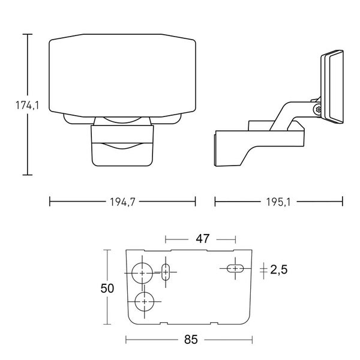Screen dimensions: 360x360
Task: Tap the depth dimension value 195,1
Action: pos(277,202)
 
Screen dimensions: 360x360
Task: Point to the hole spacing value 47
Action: pos(203,239)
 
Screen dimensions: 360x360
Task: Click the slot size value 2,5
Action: pos(279,270)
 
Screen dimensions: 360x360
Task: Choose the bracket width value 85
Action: pos(191,340)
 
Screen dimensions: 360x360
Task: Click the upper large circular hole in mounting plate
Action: pos(142,273)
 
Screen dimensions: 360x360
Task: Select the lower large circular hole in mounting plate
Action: pos(145,301)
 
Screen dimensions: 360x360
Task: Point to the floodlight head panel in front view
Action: pos(122,75)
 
